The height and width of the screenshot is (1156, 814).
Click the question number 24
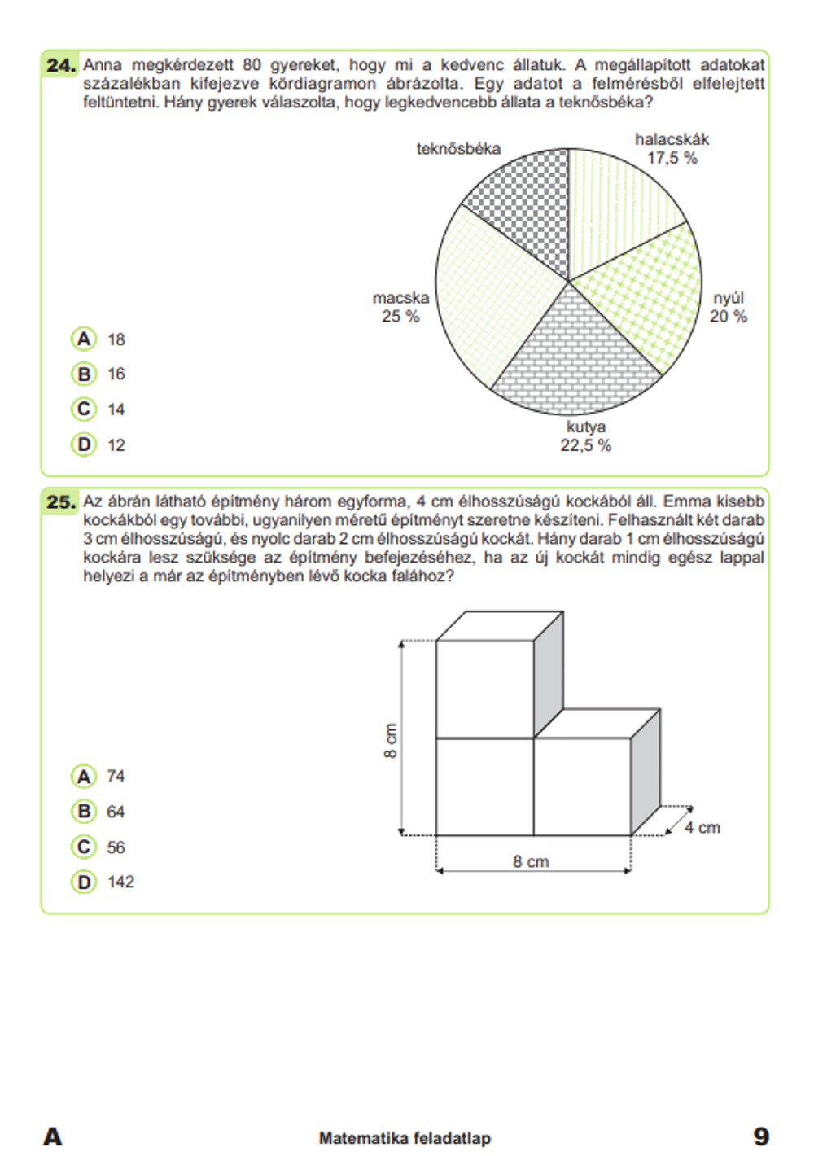click(x=61, y=65)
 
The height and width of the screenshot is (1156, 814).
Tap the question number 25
click(x=61, y=502)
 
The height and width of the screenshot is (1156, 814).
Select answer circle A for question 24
click(x=84, y=339)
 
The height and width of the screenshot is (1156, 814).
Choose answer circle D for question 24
click(x=84, y=444)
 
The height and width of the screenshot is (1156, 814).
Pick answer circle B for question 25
click(x=84, y=811)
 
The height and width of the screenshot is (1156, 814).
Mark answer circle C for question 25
click(x=84, y=847)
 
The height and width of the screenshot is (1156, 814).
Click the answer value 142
click(x=120, y=882)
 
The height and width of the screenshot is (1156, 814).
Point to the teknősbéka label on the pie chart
click(x=458, y=149)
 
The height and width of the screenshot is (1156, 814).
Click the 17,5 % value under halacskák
click(x=672, y=159)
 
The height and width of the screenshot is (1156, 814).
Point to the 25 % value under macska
click(x=400, y=317)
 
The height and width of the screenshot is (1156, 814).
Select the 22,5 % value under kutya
click(x=585, y=446)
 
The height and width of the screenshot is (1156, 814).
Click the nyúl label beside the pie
click(x=729, y=298)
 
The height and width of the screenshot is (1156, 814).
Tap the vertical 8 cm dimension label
click(x=391, y=741)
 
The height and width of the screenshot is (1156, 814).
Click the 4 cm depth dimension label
click(x=702, y=828)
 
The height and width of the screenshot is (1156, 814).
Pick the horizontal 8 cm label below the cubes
click(x=531, y=861)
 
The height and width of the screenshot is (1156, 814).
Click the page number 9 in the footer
click(x=761, y=1136)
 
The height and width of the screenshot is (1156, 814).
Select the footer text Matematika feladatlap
click(x=405, y=1138)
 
